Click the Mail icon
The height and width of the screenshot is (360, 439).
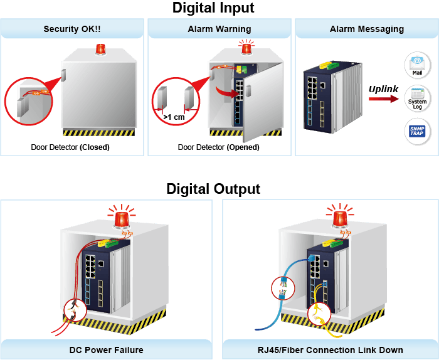pos(417,65)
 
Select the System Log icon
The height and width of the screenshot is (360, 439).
pos(417,98)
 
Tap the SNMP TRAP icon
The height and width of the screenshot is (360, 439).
pos(417,131)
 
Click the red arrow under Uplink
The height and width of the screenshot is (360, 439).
pos(384,99)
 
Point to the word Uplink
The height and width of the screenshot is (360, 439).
pos(383,89)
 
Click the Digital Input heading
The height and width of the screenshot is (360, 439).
pos(213,8)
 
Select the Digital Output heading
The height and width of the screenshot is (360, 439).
pos(213,189)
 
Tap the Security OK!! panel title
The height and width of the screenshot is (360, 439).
pos(72,29)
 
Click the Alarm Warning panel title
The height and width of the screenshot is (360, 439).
pos(219,29)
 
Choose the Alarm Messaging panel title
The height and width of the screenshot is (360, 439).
pos(367,29)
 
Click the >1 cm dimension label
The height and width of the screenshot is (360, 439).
pos(174,117)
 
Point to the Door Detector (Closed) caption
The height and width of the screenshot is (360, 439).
pos(70,147)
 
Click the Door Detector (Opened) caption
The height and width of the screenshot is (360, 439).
pos(219,147)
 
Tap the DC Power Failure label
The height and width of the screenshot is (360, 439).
pos(107,350)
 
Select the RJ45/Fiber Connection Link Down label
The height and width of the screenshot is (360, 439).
pos(331,350)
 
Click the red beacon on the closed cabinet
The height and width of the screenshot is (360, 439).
pos(100,50)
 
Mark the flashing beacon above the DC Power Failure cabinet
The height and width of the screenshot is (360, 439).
pos(122,219)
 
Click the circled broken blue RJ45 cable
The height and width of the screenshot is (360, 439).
pos(283,289)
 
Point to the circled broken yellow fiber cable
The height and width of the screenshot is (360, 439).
pos(319,314)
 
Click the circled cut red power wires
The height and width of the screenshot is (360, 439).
pos(76,310)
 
